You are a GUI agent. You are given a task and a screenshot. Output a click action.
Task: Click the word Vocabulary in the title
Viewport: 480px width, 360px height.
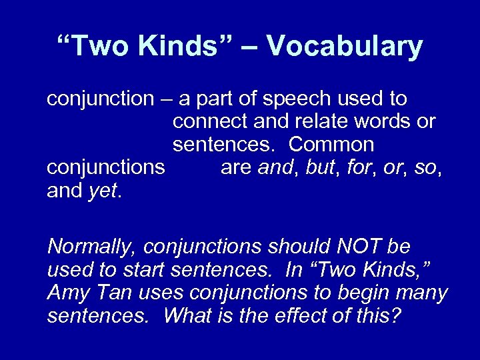344,47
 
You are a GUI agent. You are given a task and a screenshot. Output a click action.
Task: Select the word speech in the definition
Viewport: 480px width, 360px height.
295,99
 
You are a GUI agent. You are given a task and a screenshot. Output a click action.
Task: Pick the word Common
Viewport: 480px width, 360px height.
332,145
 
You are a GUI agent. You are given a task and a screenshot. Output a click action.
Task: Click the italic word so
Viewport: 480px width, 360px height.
424,168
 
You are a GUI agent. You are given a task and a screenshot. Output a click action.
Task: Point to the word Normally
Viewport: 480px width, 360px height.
91,247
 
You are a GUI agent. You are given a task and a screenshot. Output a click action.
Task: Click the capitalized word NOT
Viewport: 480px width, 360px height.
351,247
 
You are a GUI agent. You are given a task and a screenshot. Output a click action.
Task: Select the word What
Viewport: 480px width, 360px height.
187,315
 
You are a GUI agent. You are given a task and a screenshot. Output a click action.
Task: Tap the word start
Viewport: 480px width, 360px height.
141,270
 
